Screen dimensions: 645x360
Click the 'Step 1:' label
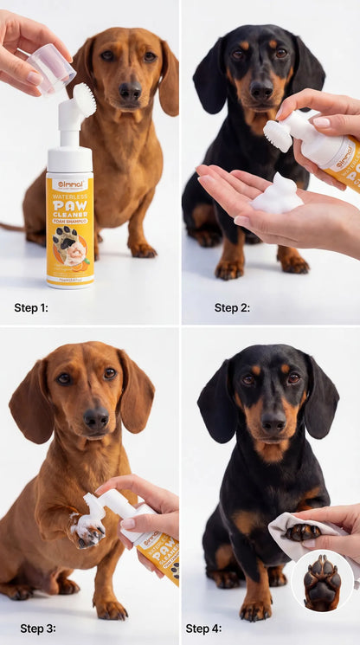point(31,307)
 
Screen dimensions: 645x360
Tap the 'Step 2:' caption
point(232,307)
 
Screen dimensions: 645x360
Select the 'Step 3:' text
point(38,629)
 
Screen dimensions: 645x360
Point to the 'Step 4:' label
point(204,629)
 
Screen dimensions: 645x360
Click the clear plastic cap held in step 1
point(51,67)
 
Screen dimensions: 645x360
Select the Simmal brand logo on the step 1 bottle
point(69,184)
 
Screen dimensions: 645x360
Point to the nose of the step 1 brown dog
point(130,90)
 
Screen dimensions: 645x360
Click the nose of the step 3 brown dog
point(96,418)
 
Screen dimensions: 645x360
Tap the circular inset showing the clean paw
point(322,580)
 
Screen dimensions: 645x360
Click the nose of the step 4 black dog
point(274,422)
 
